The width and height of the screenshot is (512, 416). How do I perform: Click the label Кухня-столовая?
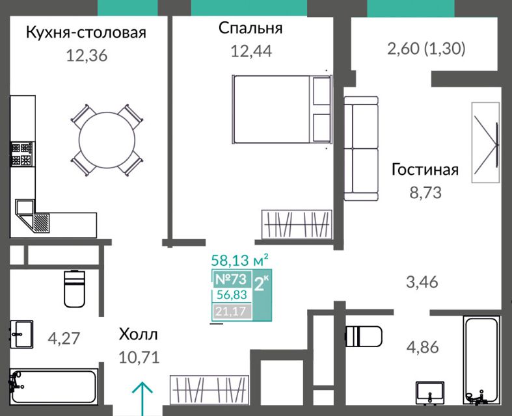point(86,33)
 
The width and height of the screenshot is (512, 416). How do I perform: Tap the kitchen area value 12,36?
point(87,55)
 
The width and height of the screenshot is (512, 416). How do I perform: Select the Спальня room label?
point(250,28)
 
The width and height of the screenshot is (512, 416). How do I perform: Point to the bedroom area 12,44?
point(251,51)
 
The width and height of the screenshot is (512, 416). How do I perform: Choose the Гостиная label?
point(425,170)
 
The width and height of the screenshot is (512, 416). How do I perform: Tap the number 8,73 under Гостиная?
point(425,192)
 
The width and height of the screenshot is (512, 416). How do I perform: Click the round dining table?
point(107,140)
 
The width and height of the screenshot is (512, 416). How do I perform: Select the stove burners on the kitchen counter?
point(22,154)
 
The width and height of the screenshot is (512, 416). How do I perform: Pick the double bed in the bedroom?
point(282,109)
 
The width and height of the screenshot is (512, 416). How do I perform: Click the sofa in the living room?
point(361,148)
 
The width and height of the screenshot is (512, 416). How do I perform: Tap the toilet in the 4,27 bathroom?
point(74,289)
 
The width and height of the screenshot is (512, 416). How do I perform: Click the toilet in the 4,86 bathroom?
point(364,337)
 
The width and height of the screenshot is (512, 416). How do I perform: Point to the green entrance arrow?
point(142,398)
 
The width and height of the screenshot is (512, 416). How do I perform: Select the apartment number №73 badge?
point(232,279)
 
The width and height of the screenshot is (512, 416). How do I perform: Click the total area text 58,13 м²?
point(240,261)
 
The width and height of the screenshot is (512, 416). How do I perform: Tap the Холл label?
point(138,335)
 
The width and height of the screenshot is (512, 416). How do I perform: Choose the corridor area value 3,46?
point(422,282)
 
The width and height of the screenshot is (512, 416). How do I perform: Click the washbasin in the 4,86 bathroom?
point(430,393)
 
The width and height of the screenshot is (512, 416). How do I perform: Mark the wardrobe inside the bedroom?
point(297,224)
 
